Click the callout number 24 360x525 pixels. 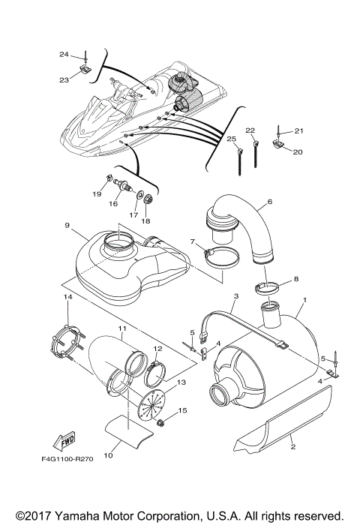tap(64, 54)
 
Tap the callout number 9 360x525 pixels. tap(67, 226)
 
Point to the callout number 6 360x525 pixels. tap(268, 202)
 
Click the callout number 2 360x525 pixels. tap(293, 447)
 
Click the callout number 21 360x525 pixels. tap(298, 131)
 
